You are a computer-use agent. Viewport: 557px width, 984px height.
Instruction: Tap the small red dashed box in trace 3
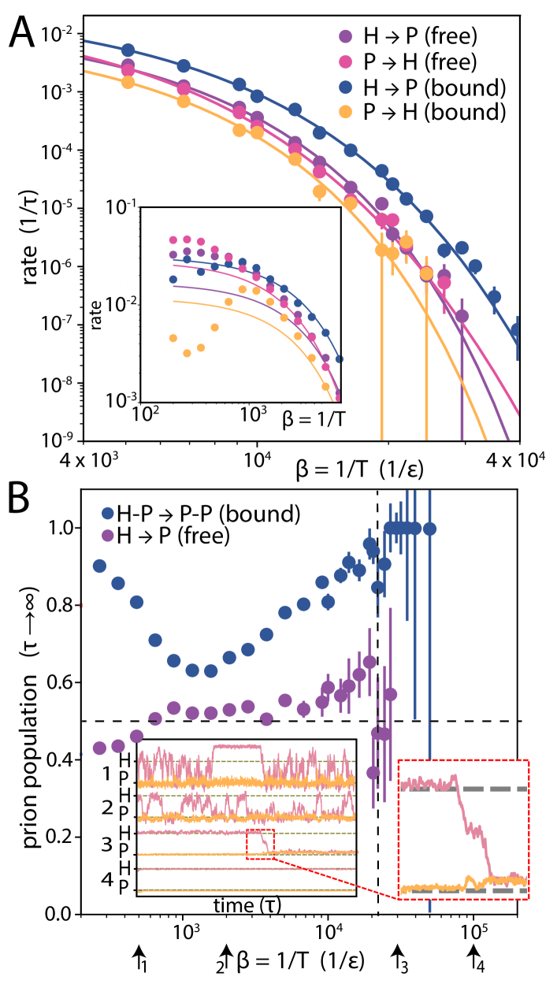260,843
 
